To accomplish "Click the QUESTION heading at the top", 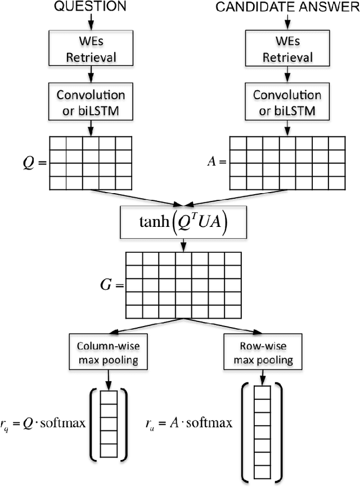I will tap(89, 7).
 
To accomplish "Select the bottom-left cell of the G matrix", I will tap(134, 311).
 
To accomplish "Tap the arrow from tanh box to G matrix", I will tap(183, 244).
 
